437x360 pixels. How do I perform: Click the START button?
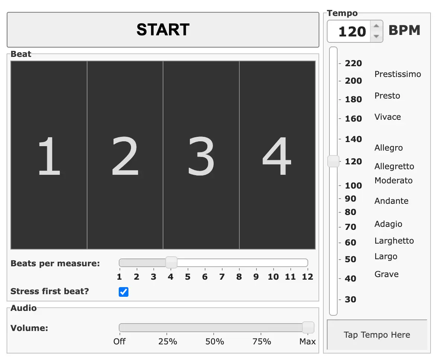click(x=163, y=30)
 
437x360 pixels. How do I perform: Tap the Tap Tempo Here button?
click(x=377, y=335)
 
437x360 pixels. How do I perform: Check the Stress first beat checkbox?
click(x=124, y=292)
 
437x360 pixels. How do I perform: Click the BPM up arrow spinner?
click(x=377, y=26)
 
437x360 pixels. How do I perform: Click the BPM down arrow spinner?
click(x=377, y=36)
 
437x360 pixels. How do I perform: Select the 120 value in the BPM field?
click(x=352, y=31)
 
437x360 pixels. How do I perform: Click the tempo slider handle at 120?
click(x=333, y=161)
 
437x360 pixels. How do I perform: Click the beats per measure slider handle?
click(x=171, y=263)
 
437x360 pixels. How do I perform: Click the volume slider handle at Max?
click(x=308, y=327)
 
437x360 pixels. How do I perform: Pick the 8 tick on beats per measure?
click(x=239, y=277)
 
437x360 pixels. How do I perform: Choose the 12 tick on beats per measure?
click(x=308, y=277)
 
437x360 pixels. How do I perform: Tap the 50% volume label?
click(x=215, y=341)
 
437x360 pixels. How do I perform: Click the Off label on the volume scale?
click(x=119, y=341)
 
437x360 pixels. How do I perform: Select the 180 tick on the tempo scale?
click(x=353, y=99)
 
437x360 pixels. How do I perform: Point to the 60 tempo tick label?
click(x=351, y=242)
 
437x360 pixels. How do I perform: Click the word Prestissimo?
click(x=398, y=74)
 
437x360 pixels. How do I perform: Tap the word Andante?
click(x=392, y=201)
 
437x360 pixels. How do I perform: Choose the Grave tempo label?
click(x=386, y=274)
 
